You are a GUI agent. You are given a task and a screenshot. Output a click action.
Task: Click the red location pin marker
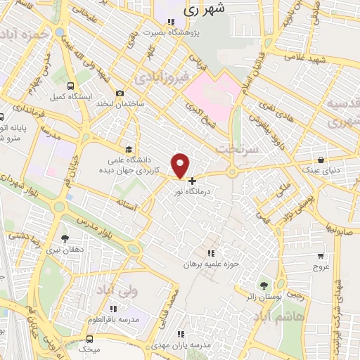pyautogui.click(x=181, y=165)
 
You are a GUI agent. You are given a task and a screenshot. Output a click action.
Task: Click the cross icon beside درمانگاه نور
pyautogui.click(x=192, y=181)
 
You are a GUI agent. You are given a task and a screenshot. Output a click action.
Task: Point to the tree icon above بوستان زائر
pyautogui.click(x=264, y=285)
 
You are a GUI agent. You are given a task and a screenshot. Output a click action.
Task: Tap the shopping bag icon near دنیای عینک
pyautogui.click(x=321, y=160)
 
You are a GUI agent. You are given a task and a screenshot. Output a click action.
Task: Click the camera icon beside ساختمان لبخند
pyautogui.click(x=120, y=94)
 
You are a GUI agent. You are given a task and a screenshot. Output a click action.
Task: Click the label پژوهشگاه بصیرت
pyautogui.click(x=173, y=32)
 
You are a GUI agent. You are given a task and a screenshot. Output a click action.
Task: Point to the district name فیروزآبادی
pyautogui.click(x=162, y=74)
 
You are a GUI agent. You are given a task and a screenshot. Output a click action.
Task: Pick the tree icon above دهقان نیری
pyautogui.click(x=65, y=238)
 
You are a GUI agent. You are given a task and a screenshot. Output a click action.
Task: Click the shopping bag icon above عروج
pyautogui.click(x=321, y=256)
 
